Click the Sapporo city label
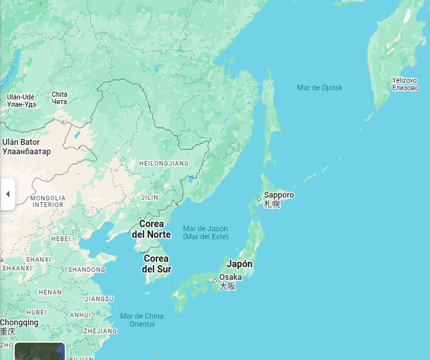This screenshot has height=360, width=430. click(x=278, y=195)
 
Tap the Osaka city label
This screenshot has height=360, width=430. click(x=230, y=277)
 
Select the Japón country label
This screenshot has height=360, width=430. click(x=240, y=264)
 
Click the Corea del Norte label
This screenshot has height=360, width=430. click(x=151, y=229)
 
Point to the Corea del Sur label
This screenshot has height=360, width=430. click(x=156, y=264)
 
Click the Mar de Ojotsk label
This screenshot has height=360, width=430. click(x=320, y=87)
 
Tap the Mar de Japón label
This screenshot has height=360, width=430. click(x=205, y=228)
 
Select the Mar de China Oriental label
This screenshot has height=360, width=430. click(x=142, y=320)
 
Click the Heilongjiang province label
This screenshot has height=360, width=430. click(x=164, y=164)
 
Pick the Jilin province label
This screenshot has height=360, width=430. click(x=150, y=198)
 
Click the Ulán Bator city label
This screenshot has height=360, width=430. click(x=21, y=142)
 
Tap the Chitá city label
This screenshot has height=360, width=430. click(x=59, y=95)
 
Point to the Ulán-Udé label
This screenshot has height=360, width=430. click(x=21, y=97)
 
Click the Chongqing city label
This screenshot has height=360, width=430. click(x=19, y=323)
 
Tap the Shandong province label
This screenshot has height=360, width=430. click(x=87, y=270)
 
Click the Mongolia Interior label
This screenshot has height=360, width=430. click(x=48, y=201)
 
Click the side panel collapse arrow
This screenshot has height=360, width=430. click(x=7, y=194)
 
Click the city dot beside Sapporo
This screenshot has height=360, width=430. click(x=259, y=199)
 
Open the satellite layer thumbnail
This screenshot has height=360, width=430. click(x=40, y=351)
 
